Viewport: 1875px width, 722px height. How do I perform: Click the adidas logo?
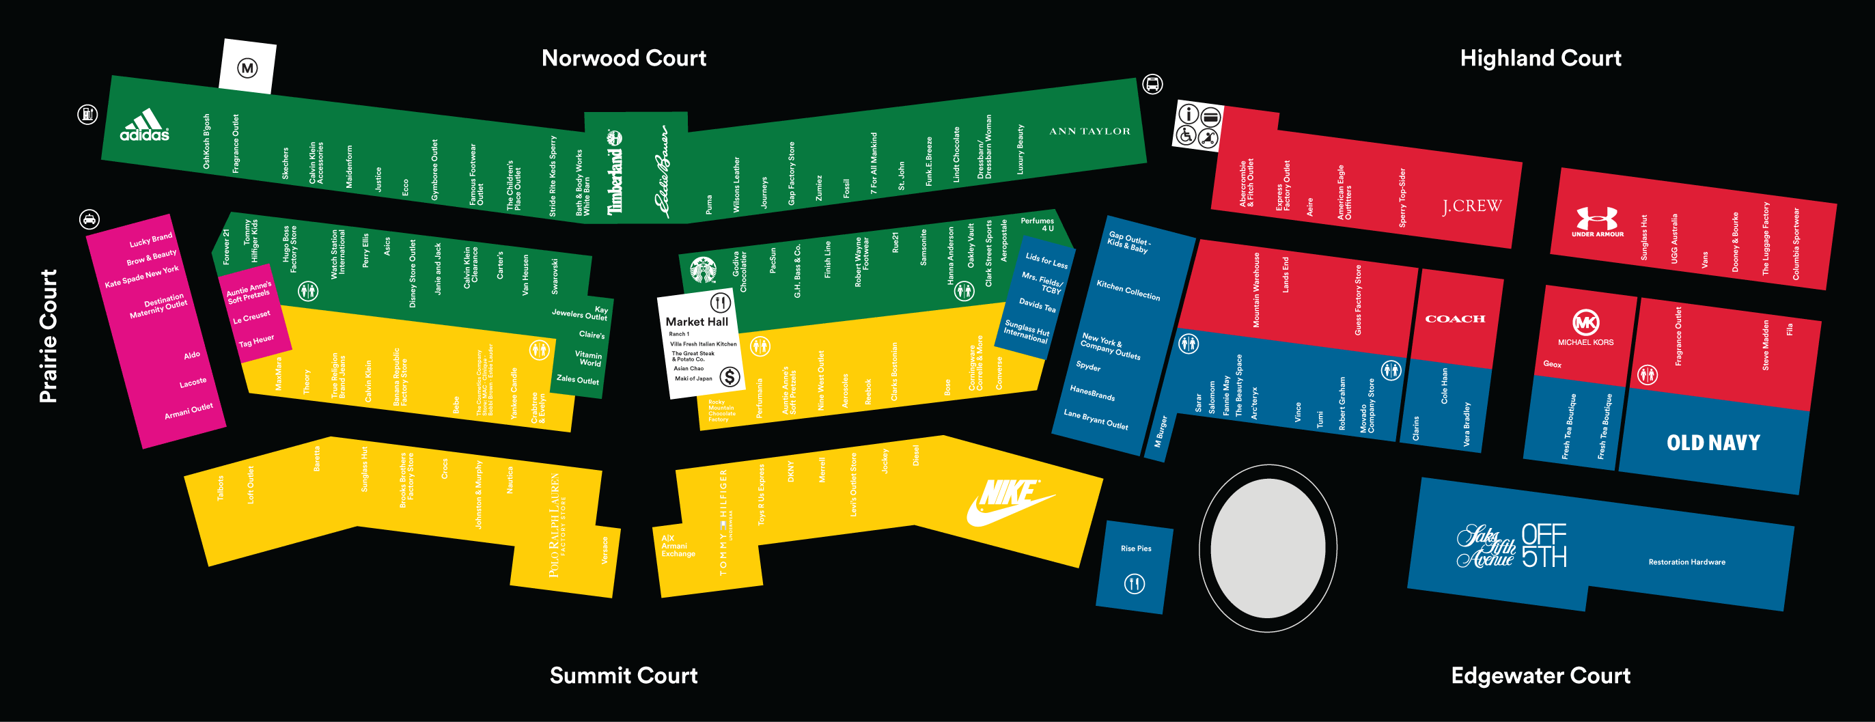144,124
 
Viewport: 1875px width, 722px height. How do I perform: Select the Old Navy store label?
1712,443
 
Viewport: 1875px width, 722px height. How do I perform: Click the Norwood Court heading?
624,58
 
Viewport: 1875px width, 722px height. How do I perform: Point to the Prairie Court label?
48,335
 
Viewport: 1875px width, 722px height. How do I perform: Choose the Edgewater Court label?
1540,676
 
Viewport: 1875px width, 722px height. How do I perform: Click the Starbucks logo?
703,270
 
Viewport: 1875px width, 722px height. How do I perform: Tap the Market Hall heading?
697,322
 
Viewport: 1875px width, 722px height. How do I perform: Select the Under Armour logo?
1597,221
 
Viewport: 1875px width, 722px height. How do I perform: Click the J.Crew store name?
1472,207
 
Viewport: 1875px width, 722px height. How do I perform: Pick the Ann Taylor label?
1089,132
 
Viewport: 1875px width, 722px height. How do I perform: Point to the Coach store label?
1454,319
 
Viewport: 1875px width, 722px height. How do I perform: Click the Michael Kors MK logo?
1585,322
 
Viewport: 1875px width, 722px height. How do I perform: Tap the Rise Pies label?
1135,549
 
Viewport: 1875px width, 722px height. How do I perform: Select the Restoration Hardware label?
1686,562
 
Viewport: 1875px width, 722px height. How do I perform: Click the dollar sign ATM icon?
730,376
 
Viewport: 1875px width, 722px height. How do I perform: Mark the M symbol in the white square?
247,68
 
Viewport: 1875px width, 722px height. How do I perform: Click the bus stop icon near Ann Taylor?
1152,85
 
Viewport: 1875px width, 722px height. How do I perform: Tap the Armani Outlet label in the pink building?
189,411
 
